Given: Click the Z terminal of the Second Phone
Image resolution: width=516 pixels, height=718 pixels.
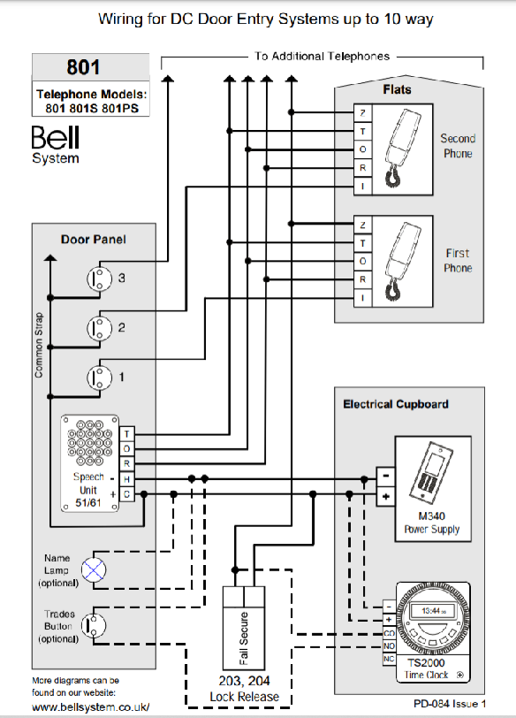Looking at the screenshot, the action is (x=363, y=112).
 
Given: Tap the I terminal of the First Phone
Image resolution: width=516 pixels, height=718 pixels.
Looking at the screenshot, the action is (x=363, y=298).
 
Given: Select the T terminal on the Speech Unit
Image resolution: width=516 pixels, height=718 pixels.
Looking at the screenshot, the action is (x=126, y=433).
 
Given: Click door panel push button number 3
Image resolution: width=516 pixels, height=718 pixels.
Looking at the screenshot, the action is (x=99, y=278).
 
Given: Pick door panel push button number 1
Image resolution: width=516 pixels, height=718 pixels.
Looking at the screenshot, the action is (x=99, y=378).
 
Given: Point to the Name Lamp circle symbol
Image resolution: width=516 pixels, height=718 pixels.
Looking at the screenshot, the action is (x=94, y=570).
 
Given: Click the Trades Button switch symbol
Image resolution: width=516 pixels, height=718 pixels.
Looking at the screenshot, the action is (x=94, y=625).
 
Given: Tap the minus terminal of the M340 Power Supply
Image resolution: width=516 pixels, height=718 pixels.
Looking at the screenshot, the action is (x=385, y=477).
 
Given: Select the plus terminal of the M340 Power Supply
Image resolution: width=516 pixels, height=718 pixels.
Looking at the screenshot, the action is (x=385, y=496).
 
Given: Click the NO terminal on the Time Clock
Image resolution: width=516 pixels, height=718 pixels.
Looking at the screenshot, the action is (x=390, y=646).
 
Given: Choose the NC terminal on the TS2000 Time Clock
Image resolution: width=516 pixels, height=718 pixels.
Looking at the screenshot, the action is (x=390, y=659).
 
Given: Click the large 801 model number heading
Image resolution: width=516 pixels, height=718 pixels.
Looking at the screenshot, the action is (x=83, y=67).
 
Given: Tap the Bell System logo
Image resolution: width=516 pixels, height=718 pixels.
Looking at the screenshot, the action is (x=56, y=144).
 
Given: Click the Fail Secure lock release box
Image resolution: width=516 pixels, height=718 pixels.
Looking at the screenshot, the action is (x=244, y=628).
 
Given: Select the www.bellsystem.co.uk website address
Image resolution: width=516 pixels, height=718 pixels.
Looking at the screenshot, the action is (x=91, y=707).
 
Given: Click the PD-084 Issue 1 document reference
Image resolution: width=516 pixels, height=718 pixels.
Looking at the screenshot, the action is (x=450, y=704).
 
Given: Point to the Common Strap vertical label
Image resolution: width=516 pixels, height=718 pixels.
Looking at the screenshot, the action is (x=39, y=345).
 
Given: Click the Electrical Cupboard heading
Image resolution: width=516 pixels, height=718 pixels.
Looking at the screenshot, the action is (x=396, y=404).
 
